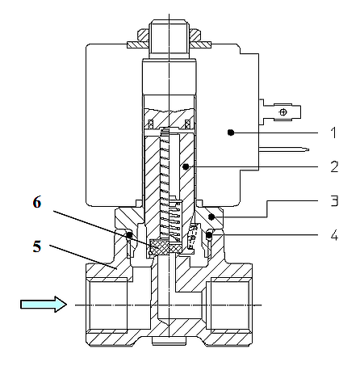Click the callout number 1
(x=333, y=133)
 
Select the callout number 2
(x=334, y=166)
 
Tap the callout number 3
(x=334, y=201)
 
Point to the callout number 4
(x=334, y=235)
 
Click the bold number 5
(x=37, y=246)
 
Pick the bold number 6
(x=37, y=202)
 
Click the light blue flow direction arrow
(x=44, y=305)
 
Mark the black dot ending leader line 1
(x=231, y=133)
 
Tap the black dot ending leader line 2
(x=186, y=167)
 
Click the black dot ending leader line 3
(x=212, y=217)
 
